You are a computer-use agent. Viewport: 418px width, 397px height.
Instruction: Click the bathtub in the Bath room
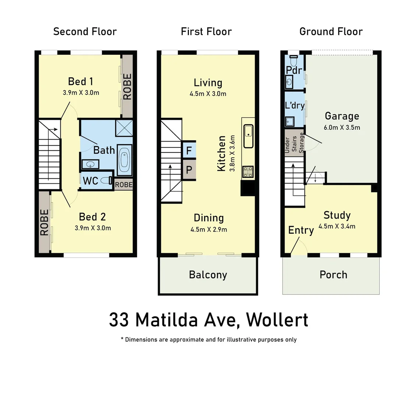click(x=124, y=160)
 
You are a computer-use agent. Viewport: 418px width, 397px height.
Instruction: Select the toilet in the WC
click(x=106, y=180)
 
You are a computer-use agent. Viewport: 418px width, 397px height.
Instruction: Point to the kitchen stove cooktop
click(x=248, y=172)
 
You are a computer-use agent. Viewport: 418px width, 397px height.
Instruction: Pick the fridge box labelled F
click(x=189, y=150)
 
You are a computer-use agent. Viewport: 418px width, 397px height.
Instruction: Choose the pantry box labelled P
click(x=189, y=170)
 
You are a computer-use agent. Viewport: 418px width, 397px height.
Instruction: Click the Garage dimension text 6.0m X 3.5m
click(x=342, y=128)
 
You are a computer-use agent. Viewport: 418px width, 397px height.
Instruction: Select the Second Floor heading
click(x=85, y=32)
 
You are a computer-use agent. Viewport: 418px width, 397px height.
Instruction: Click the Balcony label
click(x=208, y=275)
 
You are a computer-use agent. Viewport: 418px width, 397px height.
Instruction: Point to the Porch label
click(x=333, y=275)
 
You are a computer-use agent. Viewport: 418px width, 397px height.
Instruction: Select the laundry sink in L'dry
click(x=290, y=121)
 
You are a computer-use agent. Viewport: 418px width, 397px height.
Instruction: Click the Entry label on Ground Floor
click(x=301, y=230)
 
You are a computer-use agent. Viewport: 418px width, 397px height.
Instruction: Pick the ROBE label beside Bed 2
click(x=44, y=222)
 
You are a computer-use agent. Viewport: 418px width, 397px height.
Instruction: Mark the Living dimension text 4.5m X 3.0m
click(x=208, y=94)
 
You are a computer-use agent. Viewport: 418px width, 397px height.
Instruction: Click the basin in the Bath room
click(x=89, y=164)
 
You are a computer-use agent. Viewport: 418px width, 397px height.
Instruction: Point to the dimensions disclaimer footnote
click(x=208, y=340)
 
